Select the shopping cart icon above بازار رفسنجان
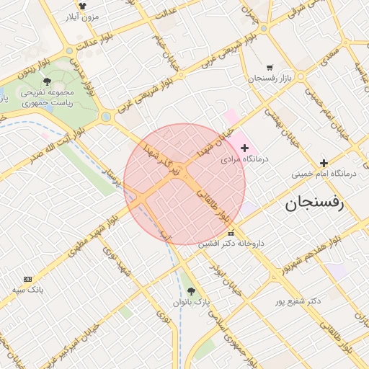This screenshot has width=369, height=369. pos(270,66)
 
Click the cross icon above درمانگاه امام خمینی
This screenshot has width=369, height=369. pos(324,163)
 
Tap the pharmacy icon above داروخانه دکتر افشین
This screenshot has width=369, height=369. pos(231,233)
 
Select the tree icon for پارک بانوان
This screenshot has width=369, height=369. pos(190,291)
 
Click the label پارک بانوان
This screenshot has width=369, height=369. pos(192,302)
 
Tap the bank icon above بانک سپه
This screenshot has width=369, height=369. pos(28,279)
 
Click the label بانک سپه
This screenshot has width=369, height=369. pos(28,290)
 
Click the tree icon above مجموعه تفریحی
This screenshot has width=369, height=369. pos(47,81)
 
